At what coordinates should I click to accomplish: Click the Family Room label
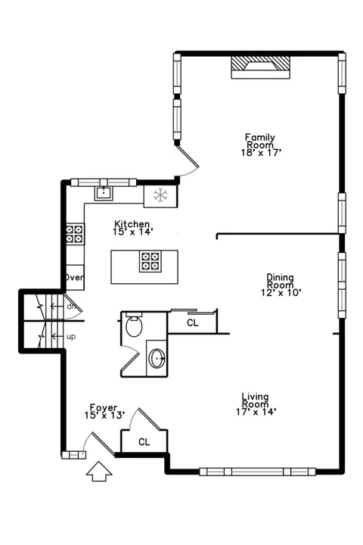pyautogui.click(x=260, y=141)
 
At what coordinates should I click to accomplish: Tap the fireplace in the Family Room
pyautogui.click(x=260, y=67)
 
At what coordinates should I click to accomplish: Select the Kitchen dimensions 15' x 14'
pyautogui.click(x=133, y=232)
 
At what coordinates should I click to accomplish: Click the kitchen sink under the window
pyautogui.click(x=104, y=193)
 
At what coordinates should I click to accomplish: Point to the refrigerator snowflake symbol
pyautogui.click(x=160, y=195)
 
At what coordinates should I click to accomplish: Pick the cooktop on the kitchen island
pyautogui.click(x=150, y=261)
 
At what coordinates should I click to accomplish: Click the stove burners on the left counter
pyautogui.click(x=75, y=234)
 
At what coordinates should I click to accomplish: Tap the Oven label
pyautogui.click(x=74, y=277)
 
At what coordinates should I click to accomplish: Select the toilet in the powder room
pyautogui.click(x=134, y=325)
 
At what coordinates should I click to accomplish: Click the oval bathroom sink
pyautogui.click(x=157, y=358)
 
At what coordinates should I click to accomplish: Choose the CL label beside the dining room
pyautogui.click(x=192, y=323)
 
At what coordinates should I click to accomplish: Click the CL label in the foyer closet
pyautogui.click(x=144, y=442)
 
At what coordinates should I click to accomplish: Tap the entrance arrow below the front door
pyautogui.click(x=99, y=472)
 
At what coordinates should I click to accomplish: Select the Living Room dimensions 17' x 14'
pyautogui.click(x=256, y=412)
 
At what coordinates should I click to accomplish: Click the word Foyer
pyautogui.click(x=104, y=407)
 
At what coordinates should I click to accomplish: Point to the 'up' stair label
pyautogui.click(x=71, y=337)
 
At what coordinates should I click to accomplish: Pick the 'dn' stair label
pyautogui.click(x=71, y=307)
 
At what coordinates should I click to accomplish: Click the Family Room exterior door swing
pyautogui.click(x=188, y=161)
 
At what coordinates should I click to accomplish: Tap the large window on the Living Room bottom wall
pyautogui.click(x=257, y=472)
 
